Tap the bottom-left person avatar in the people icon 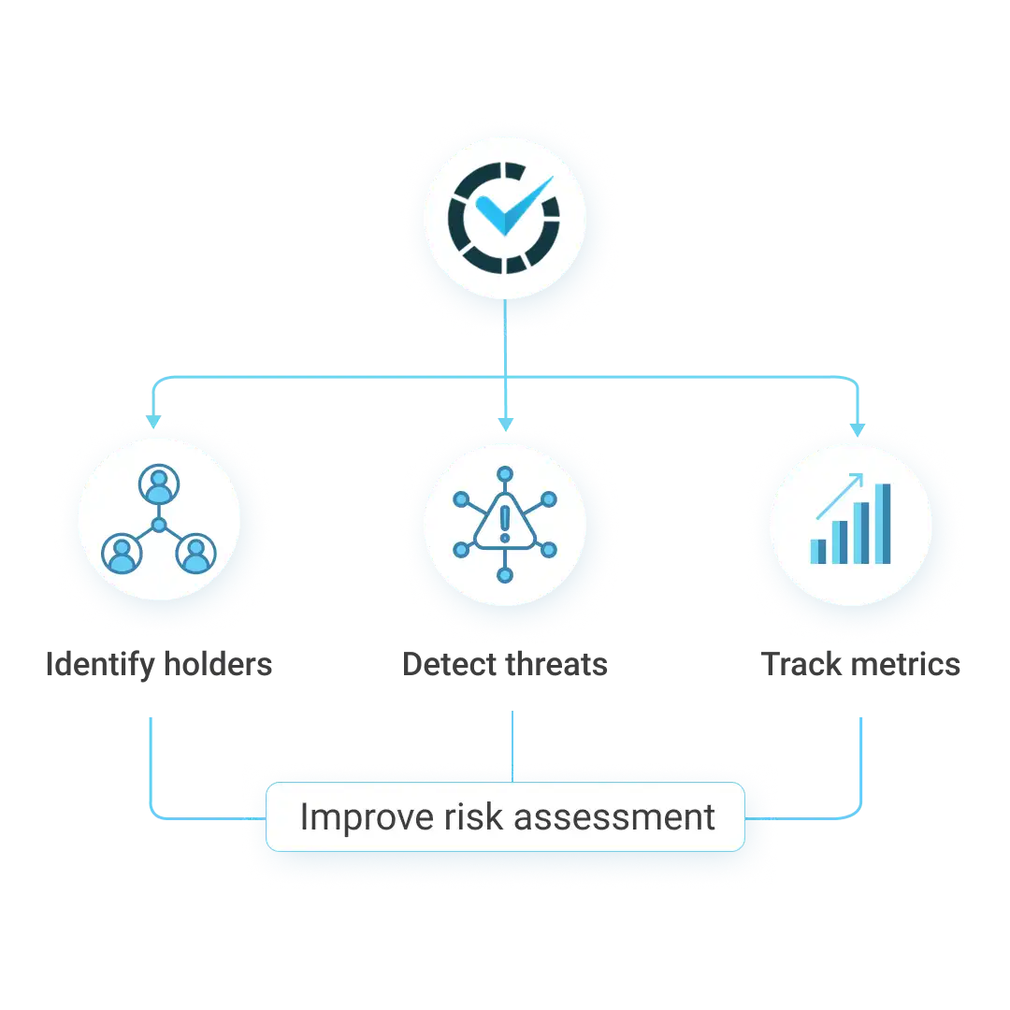pyautogui.click(x=121, y=554)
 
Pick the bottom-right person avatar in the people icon pyautogui.click(x=195, y=554)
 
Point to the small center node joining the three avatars pyautogui.click(x=158, y=527)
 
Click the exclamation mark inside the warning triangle pyautogui.click(x=505, y=523)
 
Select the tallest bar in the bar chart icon pyautogui.click(x=883, y=524)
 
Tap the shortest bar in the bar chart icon pyautogui.click(x=818, y=551)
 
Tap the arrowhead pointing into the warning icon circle pyautogui.click(x=505, y=426)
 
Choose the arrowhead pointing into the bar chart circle pyautogui.click(x=857, y=427)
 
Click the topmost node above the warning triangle pyautogui.click(x=505, y=473)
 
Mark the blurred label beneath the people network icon pyautogui.click(x=160, y=666)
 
